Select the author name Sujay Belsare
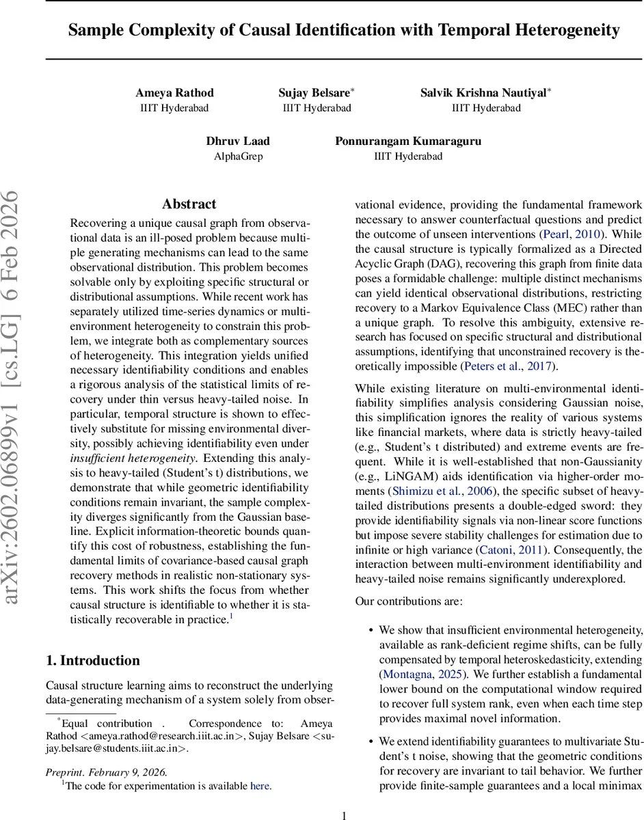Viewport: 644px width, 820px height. point(314,93)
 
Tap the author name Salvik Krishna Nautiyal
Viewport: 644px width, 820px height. point(484,93)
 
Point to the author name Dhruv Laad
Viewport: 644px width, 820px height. point(238,141)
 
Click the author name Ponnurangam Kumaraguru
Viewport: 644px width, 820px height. point(408,141)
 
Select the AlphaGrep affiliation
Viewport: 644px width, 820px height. point(238,156)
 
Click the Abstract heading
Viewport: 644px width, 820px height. point(189,204)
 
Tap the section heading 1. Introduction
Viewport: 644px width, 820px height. point(92,661)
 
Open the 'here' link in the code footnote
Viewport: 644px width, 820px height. point(260,786)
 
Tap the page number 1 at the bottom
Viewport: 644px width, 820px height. point(344,815)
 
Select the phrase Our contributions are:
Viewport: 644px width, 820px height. point(409,601)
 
